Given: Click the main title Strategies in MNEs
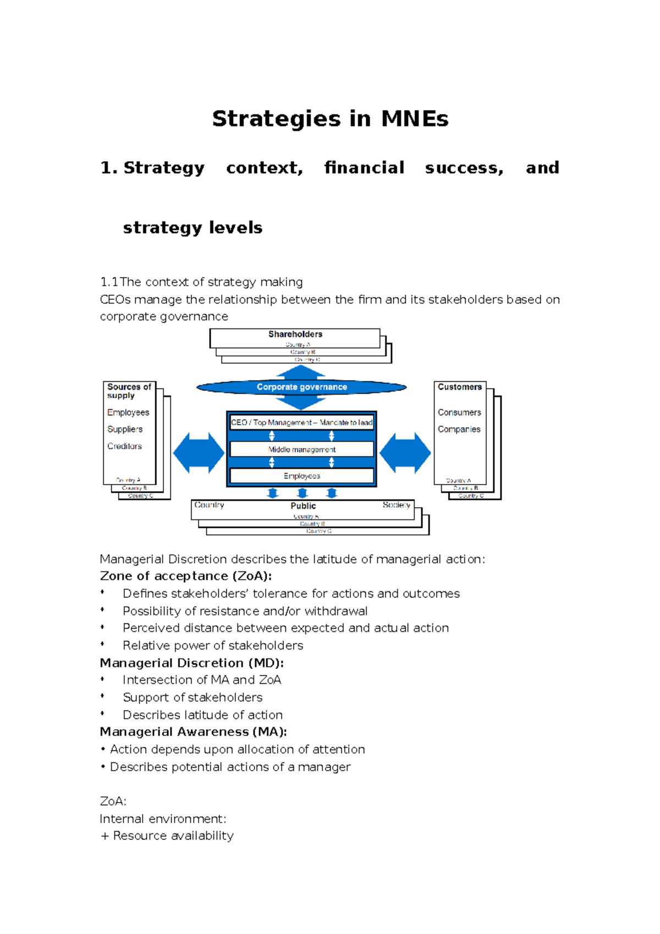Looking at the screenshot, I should (x=330, y=119).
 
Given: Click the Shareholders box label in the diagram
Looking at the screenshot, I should (x=295, y=334).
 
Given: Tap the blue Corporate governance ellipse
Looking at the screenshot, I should (x=301, y=387).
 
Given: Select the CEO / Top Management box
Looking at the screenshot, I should (x=301, y=422).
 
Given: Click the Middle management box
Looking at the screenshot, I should (x=301, y=449).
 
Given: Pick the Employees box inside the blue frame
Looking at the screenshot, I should (x=301, y=476).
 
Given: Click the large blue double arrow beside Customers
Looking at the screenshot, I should (x=405, y=453).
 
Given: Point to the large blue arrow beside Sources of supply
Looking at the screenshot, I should (x=199, y=453).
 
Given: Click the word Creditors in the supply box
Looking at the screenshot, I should (x=124, y=446).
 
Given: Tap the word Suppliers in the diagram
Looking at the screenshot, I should (x=125, y=429).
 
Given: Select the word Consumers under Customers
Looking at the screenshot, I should (x=459, y=413).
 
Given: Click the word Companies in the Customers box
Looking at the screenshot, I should (x=459, y=429).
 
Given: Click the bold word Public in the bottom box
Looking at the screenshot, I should (x=303, y=506).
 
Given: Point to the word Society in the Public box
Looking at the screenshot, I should (x=396, y=505).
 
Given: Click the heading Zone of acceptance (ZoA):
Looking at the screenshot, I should (x=186, y=576).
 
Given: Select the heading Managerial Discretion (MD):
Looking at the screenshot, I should (x=191, y=663).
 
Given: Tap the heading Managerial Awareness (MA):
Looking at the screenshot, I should (x=193, y=732).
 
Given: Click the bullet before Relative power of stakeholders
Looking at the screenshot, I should (x=102, y=645).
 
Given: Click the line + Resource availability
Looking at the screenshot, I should (x=167, y=836).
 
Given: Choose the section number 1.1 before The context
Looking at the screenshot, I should (x=109, y=282).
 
